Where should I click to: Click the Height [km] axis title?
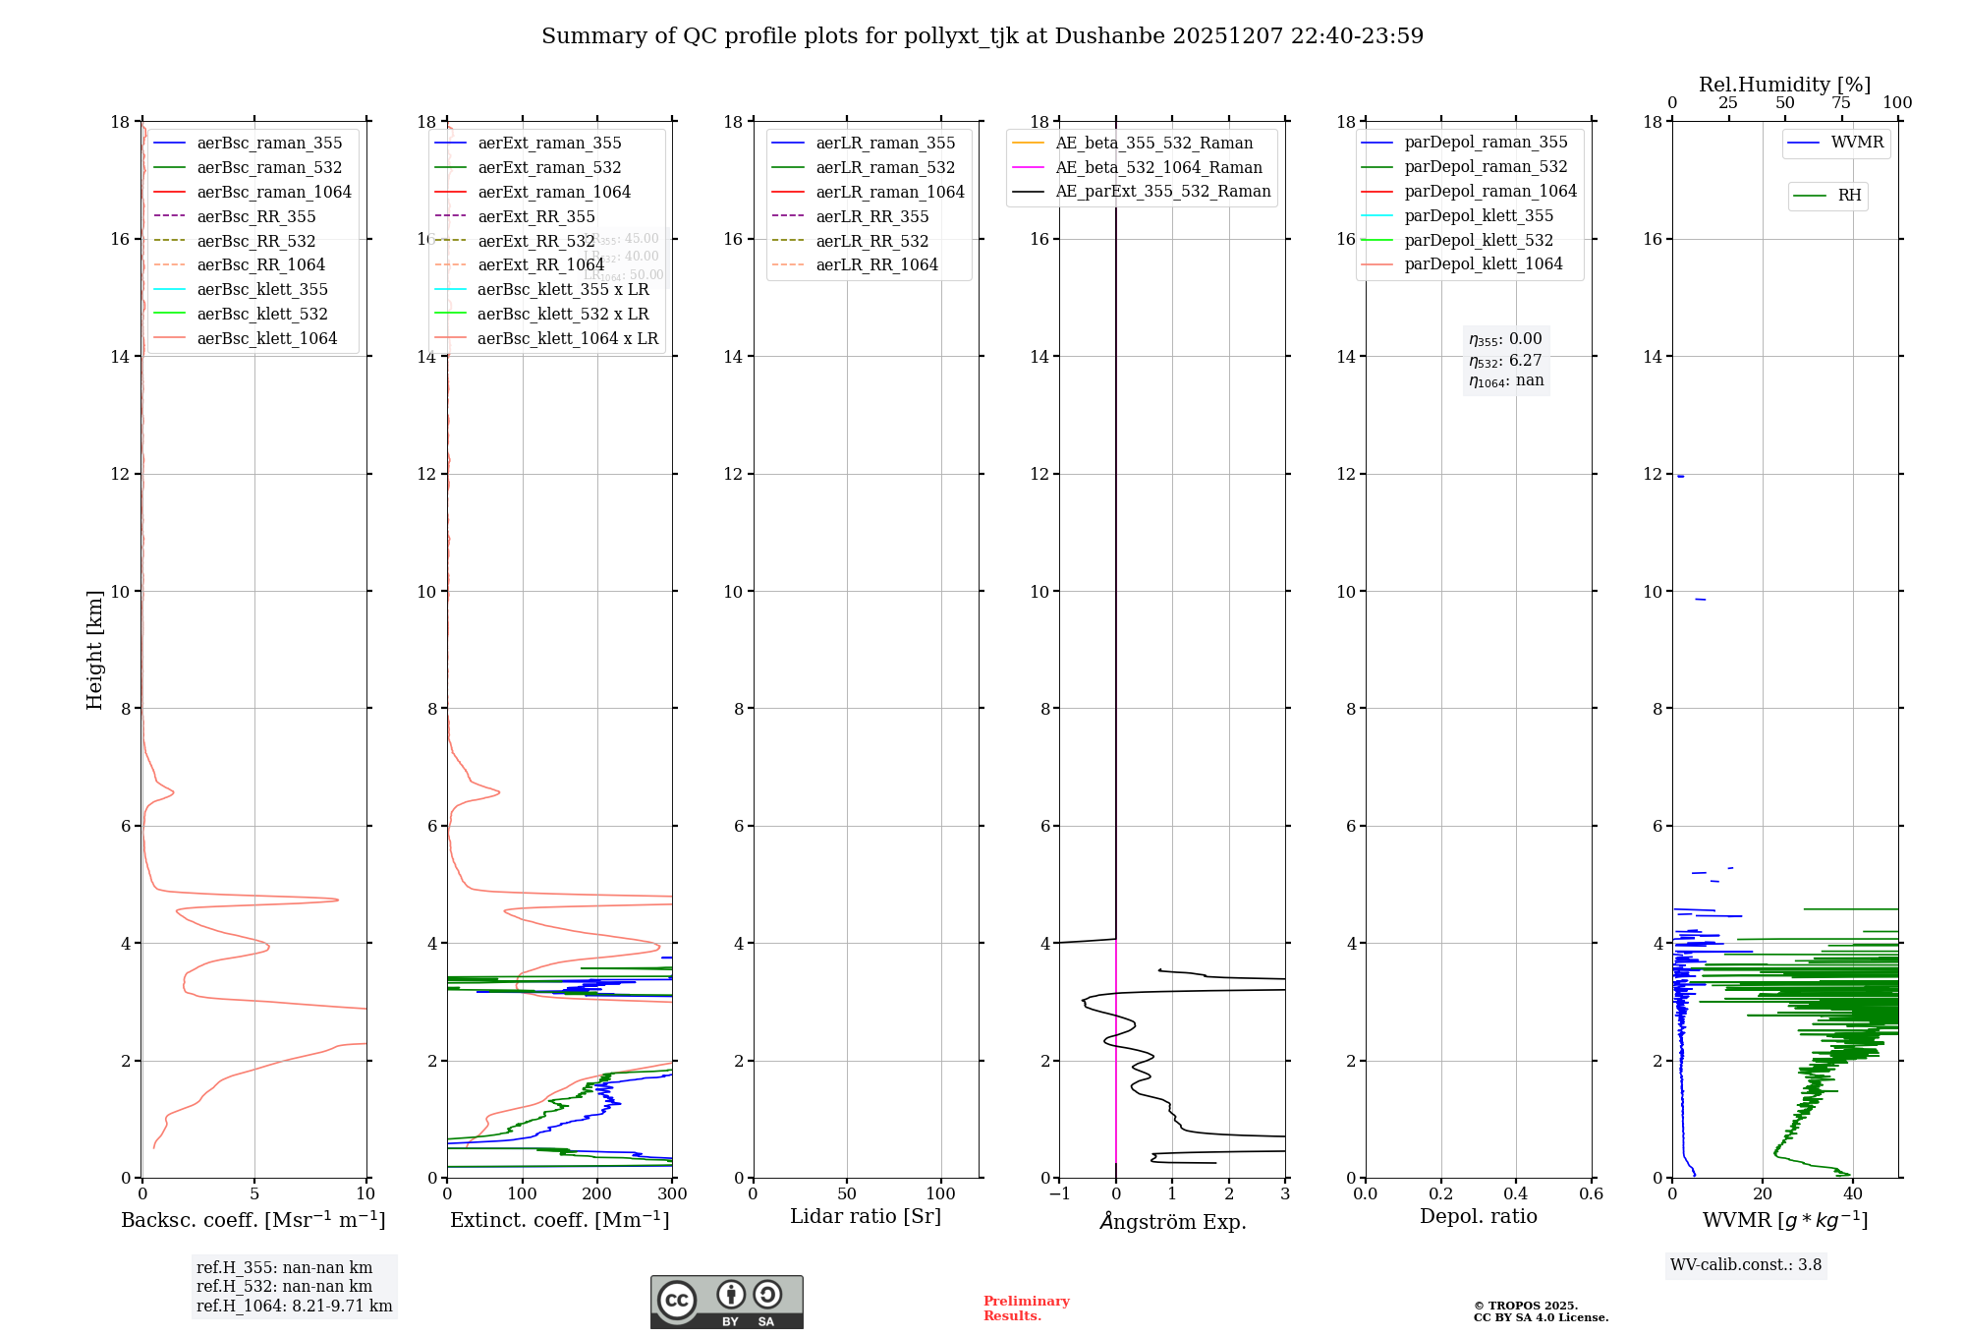coord(94,649)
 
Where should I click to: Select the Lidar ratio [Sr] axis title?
coord(866,1216)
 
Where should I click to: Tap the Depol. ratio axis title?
coord(1478,1216)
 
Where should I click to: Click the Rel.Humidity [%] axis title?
coord(1784,85)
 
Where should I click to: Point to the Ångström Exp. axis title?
coord(1172,1221)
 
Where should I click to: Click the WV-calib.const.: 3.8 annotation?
coord(1746,1265)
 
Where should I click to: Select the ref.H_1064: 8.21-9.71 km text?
coord(294,1307)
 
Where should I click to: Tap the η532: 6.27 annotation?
coord(1505,361)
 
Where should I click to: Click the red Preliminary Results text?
coord(1026,1308)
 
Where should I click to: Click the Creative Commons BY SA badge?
coord(726,1303)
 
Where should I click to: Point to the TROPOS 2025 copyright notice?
coord(1541,1311)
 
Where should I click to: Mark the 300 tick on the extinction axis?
coord(673,1193)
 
